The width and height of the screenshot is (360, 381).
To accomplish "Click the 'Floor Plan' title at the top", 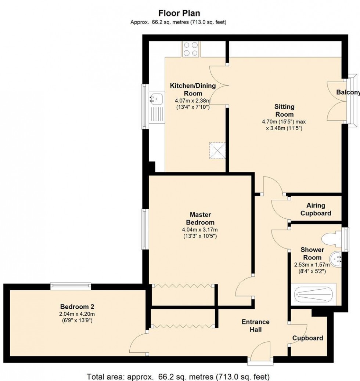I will point(179,13).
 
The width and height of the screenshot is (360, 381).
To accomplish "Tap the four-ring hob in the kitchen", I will point(190,49).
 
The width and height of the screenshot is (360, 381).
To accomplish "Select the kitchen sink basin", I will point(156,98).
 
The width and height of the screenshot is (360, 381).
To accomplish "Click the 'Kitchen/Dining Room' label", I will point(192,90).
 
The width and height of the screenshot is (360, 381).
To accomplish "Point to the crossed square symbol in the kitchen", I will point(216,151).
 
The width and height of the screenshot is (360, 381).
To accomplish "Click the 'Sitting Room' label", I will point(285,110).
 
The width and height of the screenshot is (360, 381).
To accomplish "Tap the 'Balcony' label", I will point(348,92).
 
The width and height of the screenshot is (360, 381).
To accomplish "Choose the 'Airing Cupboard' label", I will point(316,209).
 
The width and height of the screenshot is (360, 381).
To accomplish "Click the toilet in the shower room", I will point(331,239).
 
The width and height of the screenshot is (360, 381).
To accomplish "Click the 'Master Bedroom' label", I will point(200,218).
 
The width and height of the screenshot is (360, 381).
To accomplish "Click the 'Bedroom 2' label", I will point(75,306).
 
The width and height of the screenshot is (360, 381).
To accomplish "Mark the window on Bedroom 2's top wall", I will point(71,286).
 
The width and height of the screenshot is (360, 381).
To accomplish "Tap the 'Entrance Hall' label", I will point(256,326).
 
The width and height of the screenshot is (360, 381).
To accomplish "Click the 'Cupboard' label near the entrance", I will point(308,338).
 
